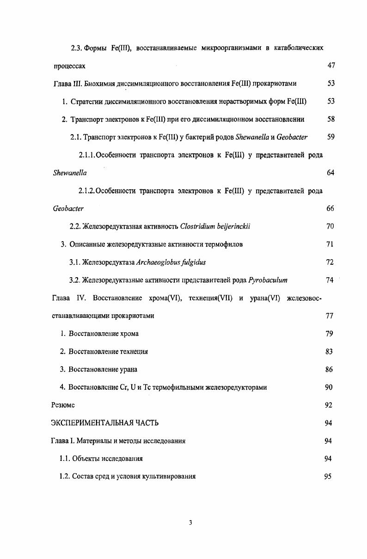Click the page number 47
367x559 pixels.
(330, 66)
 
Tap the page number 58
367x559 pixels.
(330, 119)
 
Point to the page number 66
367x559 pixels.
(330, 209)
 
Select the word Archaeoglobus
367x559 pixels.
(158, 262)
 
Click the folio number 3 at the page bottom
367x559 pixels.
(190, 523)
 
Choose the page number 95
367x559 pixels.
(329, 477)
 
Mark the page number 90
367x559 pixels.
(329, 387)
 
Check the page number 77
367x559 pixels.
(329, 316)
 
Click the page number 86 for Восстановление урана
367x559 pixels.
(329, 370)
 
